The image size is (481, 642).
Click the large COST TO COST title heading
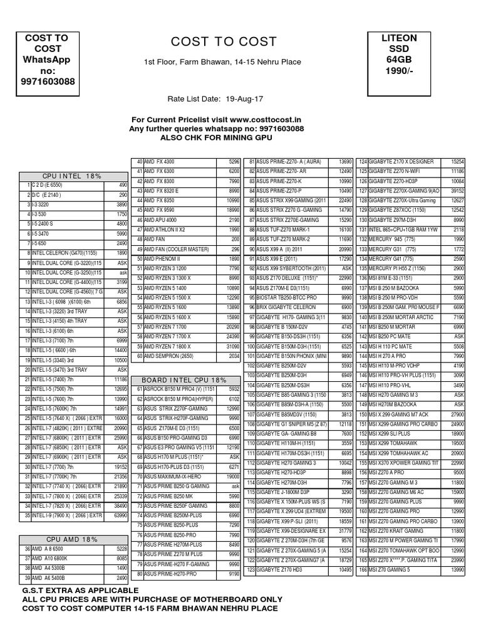pyautogui.click(x=224, y=42)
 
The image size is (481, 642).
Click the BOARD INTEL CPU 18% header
pyautogui.click(x=184, y=380)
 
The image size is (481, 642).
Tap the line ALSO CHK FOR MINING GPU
pyautogui.click(x=216, y=137)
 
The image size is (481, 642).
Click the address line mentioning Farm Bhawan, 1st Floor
pyautogui.click(x=223, y=62)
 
